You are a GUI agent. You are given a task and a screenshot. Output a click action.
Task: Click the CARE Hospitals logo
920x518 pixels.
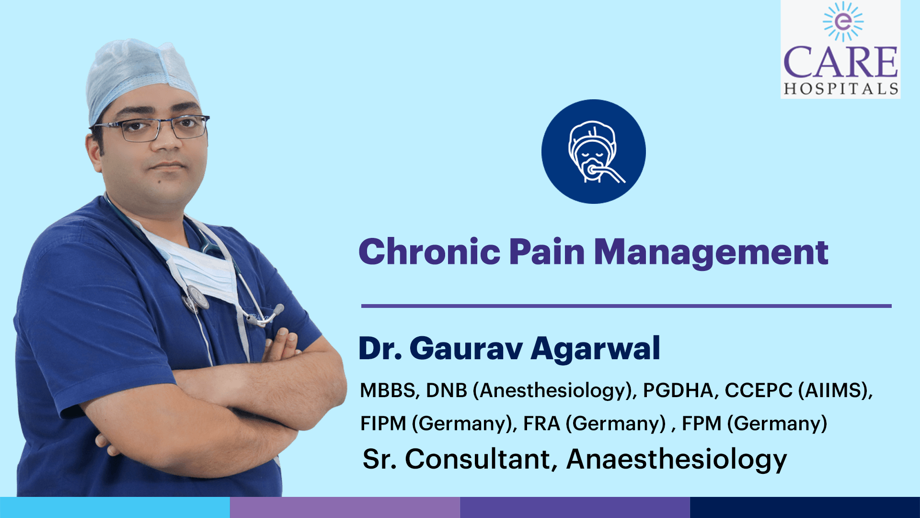840,49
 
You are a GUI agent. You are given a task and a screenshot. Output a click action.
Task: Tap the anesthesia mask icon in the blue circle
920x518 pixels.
594,152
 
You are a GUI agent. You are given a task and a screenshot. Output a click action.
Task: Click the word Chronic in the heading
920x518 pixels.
430,252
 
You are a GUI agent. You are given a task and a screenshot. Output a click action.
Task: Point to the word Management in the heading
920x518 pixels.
711,253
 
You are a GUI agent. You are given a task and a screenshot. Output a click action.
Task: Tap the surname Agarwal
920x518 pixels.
596,349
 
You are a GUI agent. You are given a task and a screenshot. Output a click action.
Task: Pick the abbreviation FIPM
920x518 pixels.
383,424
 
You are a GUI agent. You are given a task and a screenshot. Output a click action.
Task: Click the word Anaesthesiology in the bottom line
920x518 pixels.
677,459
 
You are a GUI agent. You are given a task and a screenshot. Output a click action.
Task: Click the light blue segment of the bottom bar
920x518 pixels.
115,507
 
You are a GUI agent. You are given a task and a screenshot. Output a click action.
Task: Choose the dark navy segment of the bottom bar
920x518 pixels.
805,507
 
